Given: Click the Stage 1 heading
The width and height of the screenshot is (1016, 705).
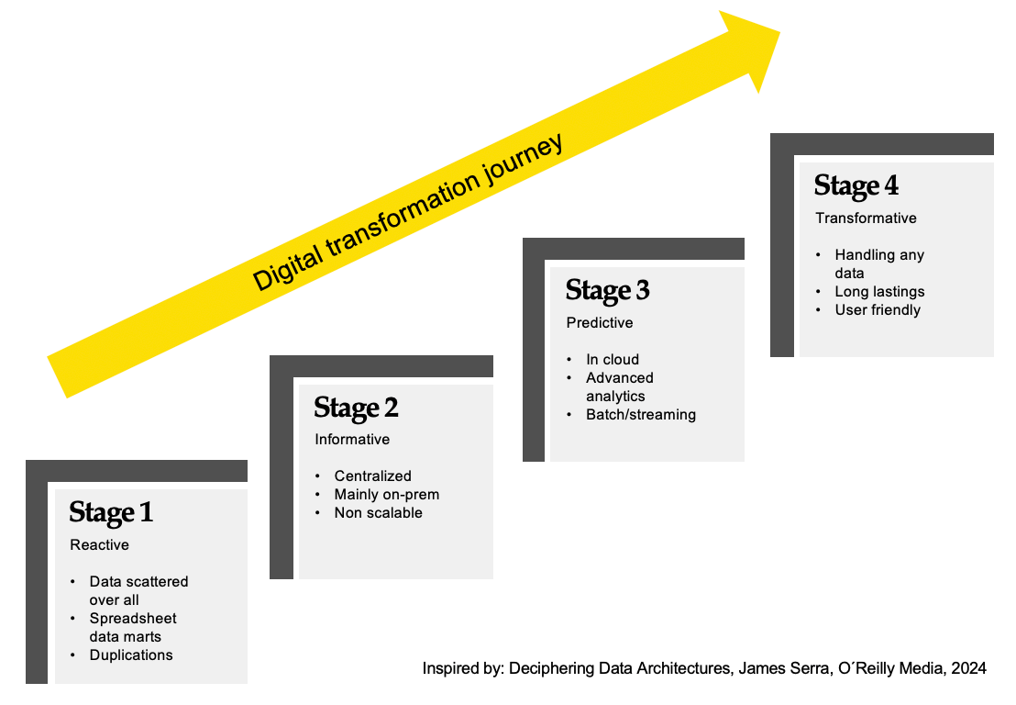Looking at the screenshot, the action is point(111,512).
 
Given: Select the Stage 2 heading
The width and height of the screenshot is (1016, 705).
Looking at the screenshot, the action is point(356,408).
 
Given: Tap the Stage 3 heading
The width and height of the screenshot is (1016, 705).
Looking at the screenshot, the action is point(607,291).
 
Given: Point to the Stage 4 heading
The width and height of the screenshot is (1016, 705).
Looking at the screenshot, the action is point(856,185).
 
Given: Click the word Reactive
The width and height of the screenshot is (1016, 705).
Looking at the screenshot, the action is point(99,544).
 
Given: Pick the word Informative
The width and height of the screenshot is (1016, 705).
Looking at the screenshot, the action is point(352,439).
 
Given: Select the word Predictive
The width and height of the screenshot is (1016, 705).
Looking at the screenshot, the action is point(600,322).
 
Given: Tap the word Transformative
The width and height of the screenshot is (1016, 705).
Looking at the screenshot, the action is point(866,218).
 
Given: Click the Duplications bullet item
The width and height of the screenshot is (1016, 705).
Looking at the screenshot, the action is point(131,655).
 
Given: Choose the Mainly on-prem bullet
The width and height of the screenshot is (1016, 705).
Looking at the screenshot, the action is point(387,494).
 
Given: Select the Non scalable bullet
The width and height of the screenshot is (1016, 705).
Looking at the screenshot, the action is point(379,512).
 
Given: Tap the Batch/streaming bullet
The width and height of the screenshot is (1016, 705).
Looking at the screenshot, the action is point(641,414).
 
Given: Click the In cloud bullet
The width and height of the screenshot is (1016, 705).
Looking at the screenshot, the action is point(613,359).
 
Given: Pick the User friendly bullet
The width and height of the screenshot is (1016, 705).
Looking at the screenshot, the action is point(878,310).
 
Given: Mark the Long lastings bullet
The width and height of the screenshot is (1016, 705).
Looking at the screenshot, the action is point(879,292).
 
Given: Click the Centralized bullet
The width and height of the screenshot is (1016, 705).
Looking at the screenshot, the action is point(372,476).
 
